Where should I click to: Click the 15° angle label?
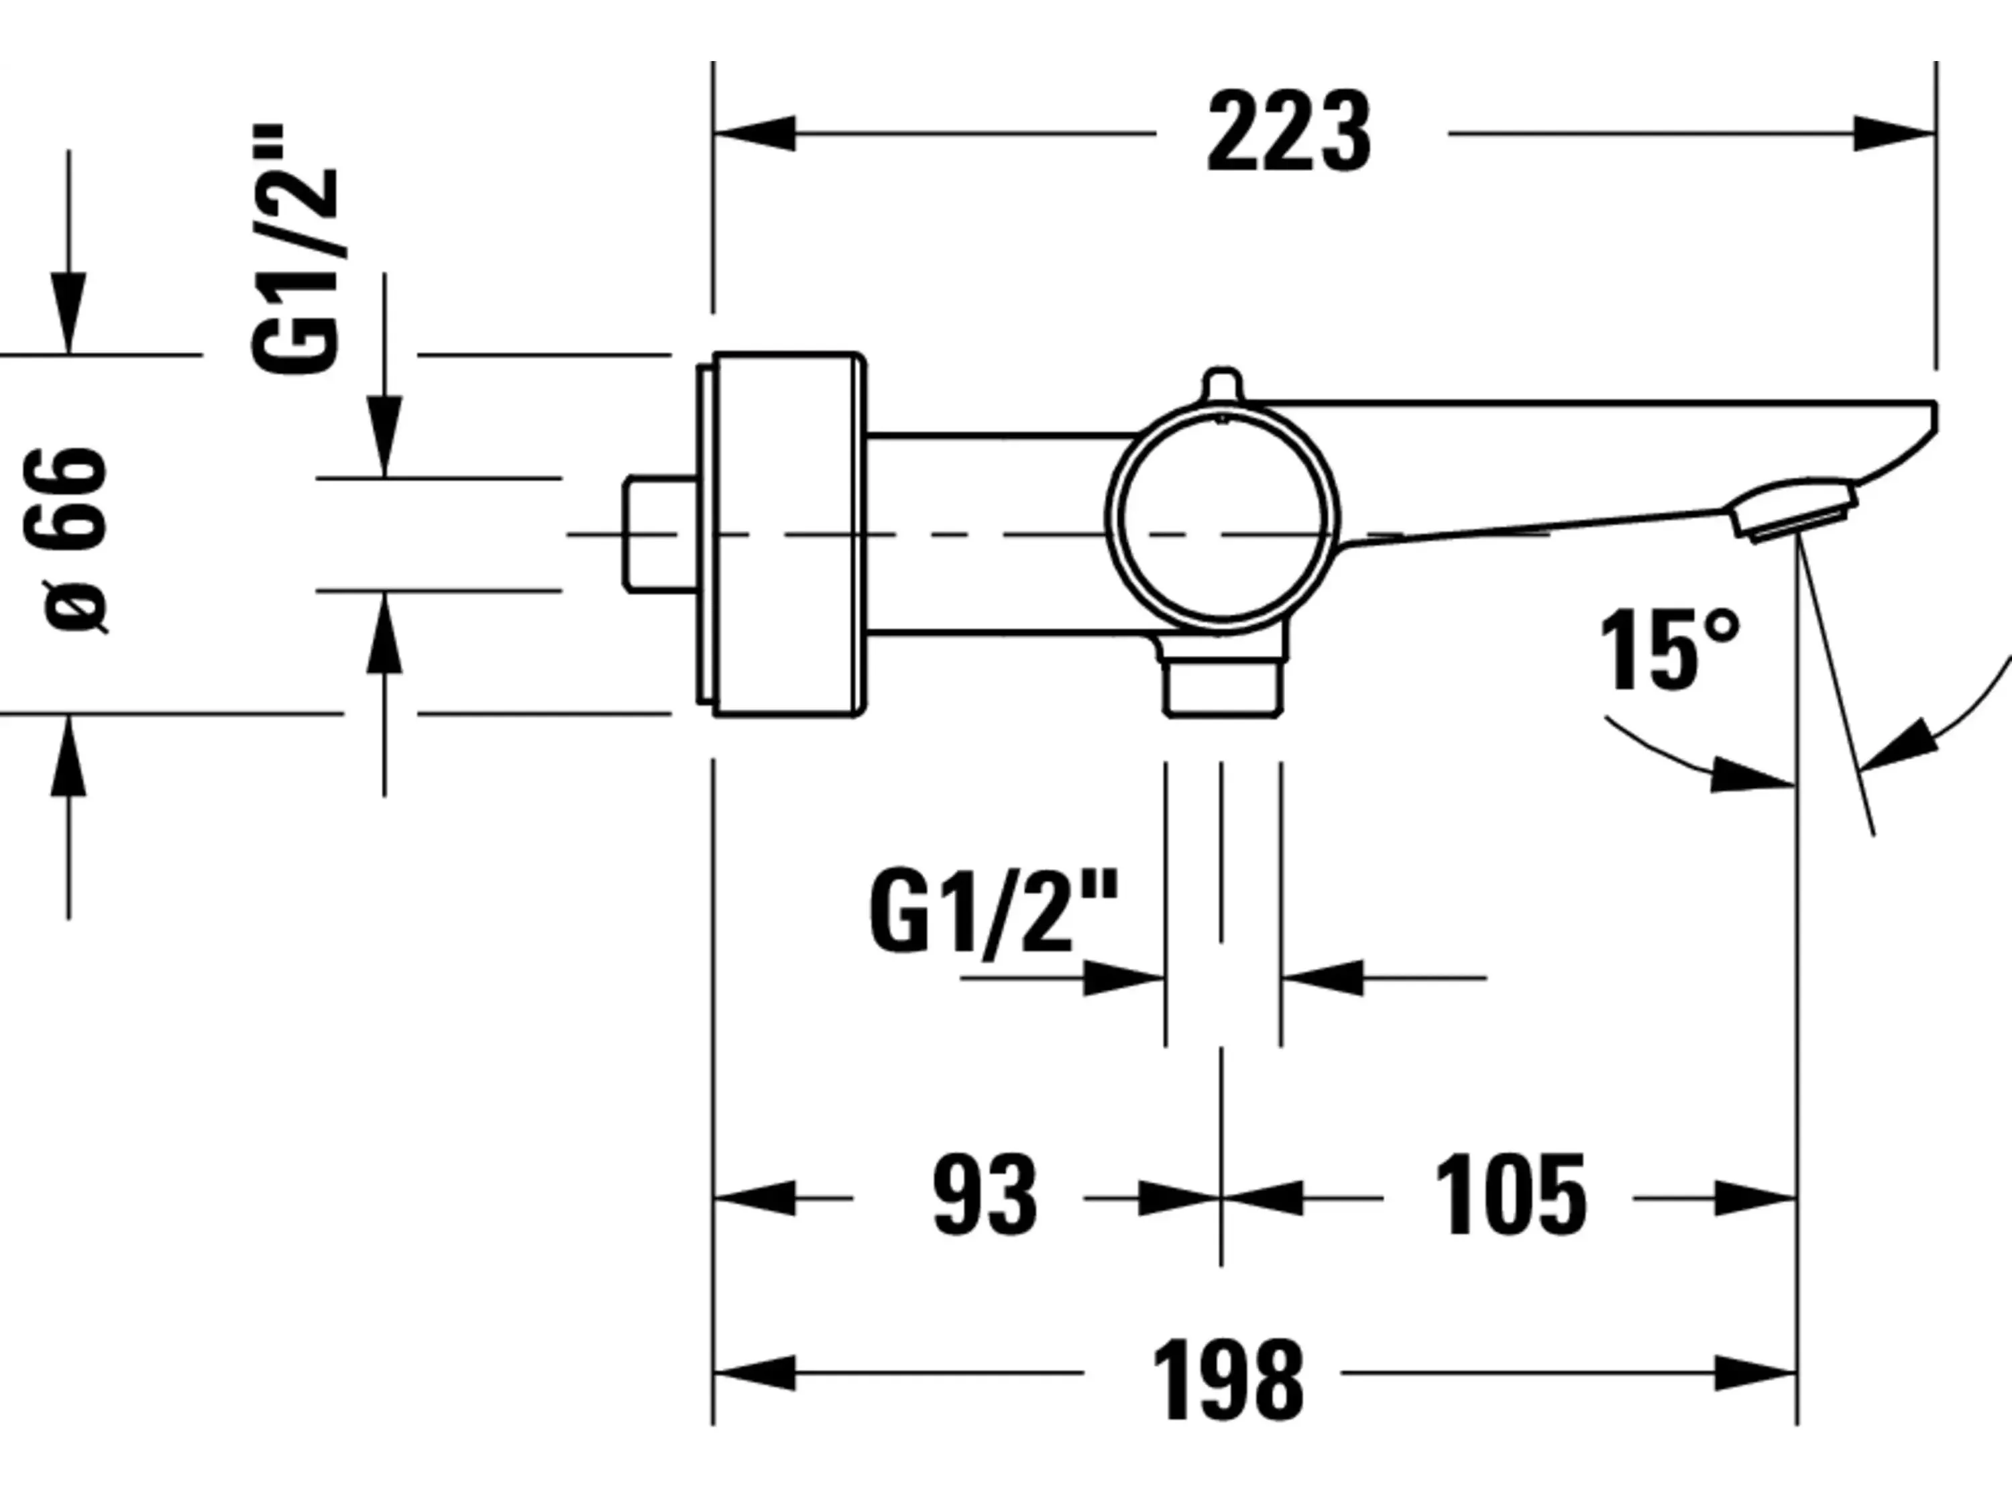coord(1669,651)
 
